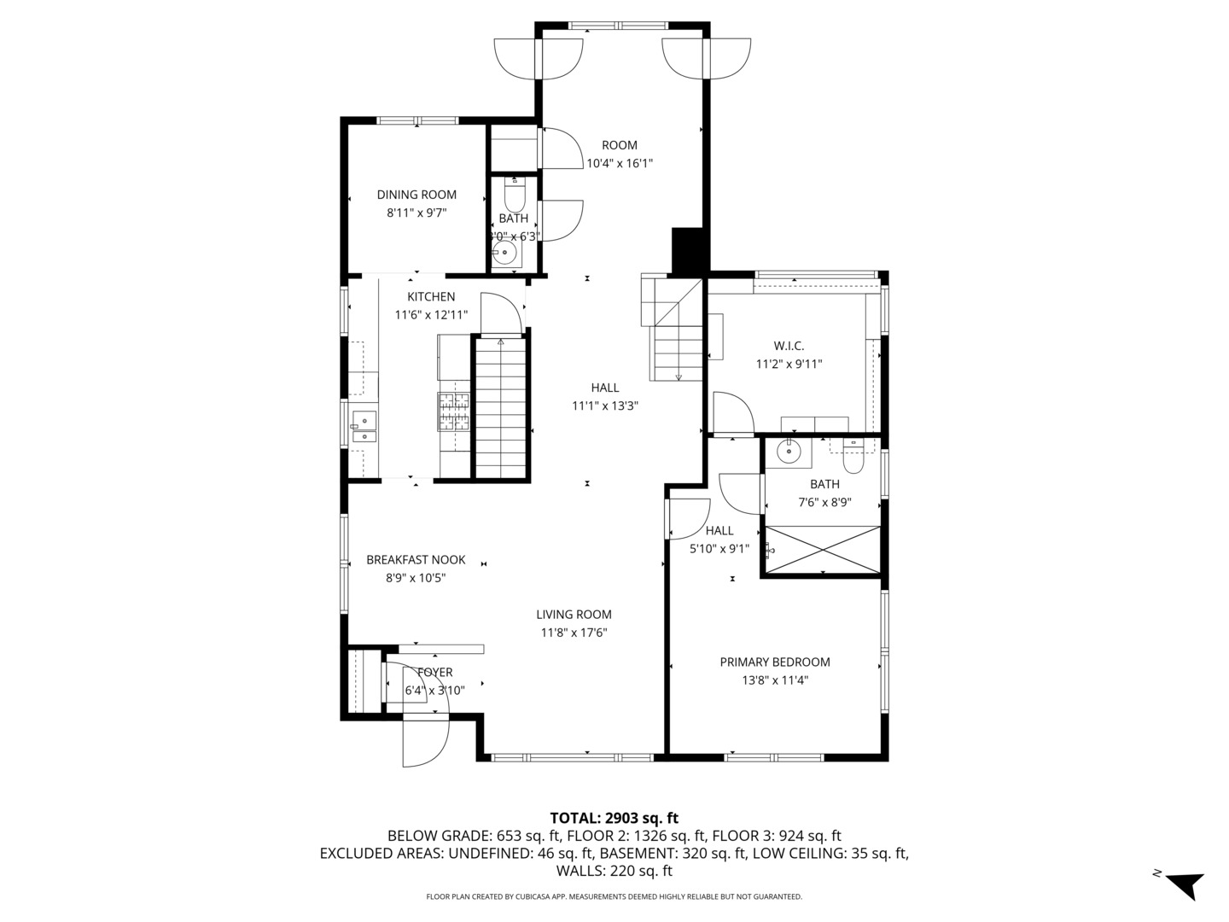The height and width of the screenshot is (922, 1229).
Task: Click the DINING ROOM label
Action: click(x=416, y=195)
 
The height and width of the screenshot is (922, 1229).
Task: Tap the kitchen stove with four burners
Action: click(x=454, y=411)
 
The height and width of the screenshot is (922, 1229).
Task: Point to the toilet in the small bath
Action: click(x=514, y=196)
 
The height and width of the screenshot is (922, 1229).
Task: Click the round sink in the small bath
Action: click(x=506, y=253)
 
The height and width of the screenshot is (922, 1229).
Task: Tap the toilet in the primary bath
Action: click(x=853, y=458)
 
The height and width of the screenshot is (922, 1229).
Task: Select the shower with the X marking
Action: click(x=823, y=550)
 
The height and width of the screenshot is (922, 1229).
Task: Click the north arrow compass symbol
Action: click(x=1182, y=884)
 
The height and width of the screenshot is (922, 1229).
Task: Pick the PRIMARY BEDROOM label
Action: click(x=774, y=662)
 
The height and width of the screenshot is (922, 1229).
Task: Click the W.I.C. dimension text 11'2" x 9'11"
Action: click(x=789, y=364)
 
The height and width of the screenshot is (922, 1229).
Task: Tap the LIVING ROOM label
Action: click(x=574, y=614)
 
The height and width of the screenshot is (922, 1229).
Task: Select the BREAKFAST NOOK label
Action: click(x=416, y=560)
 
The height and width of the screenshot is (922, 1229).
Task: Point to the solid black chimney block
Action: click(x=690, y=251)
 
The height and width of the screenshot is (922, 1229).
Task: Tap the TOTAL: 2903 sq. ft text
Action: click(x=614, y=818)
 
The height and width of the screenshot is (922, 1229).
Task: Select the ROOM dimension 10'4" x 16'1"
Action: click(x=619, y=163)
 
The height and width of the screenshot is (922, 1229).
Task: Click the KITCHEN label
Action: click(x=431, y=296)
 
